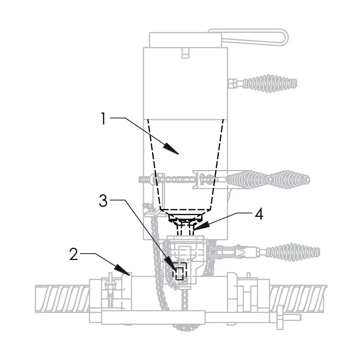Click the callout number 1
coord(103,119)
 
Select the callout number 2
coord(73,255)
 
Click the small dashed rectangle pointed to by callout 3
coord(180,274)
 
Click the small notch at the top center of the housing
coord(185,53)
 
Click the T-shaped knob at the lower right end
coord(282,318)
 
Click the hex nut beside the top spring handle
coord(232,84)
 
